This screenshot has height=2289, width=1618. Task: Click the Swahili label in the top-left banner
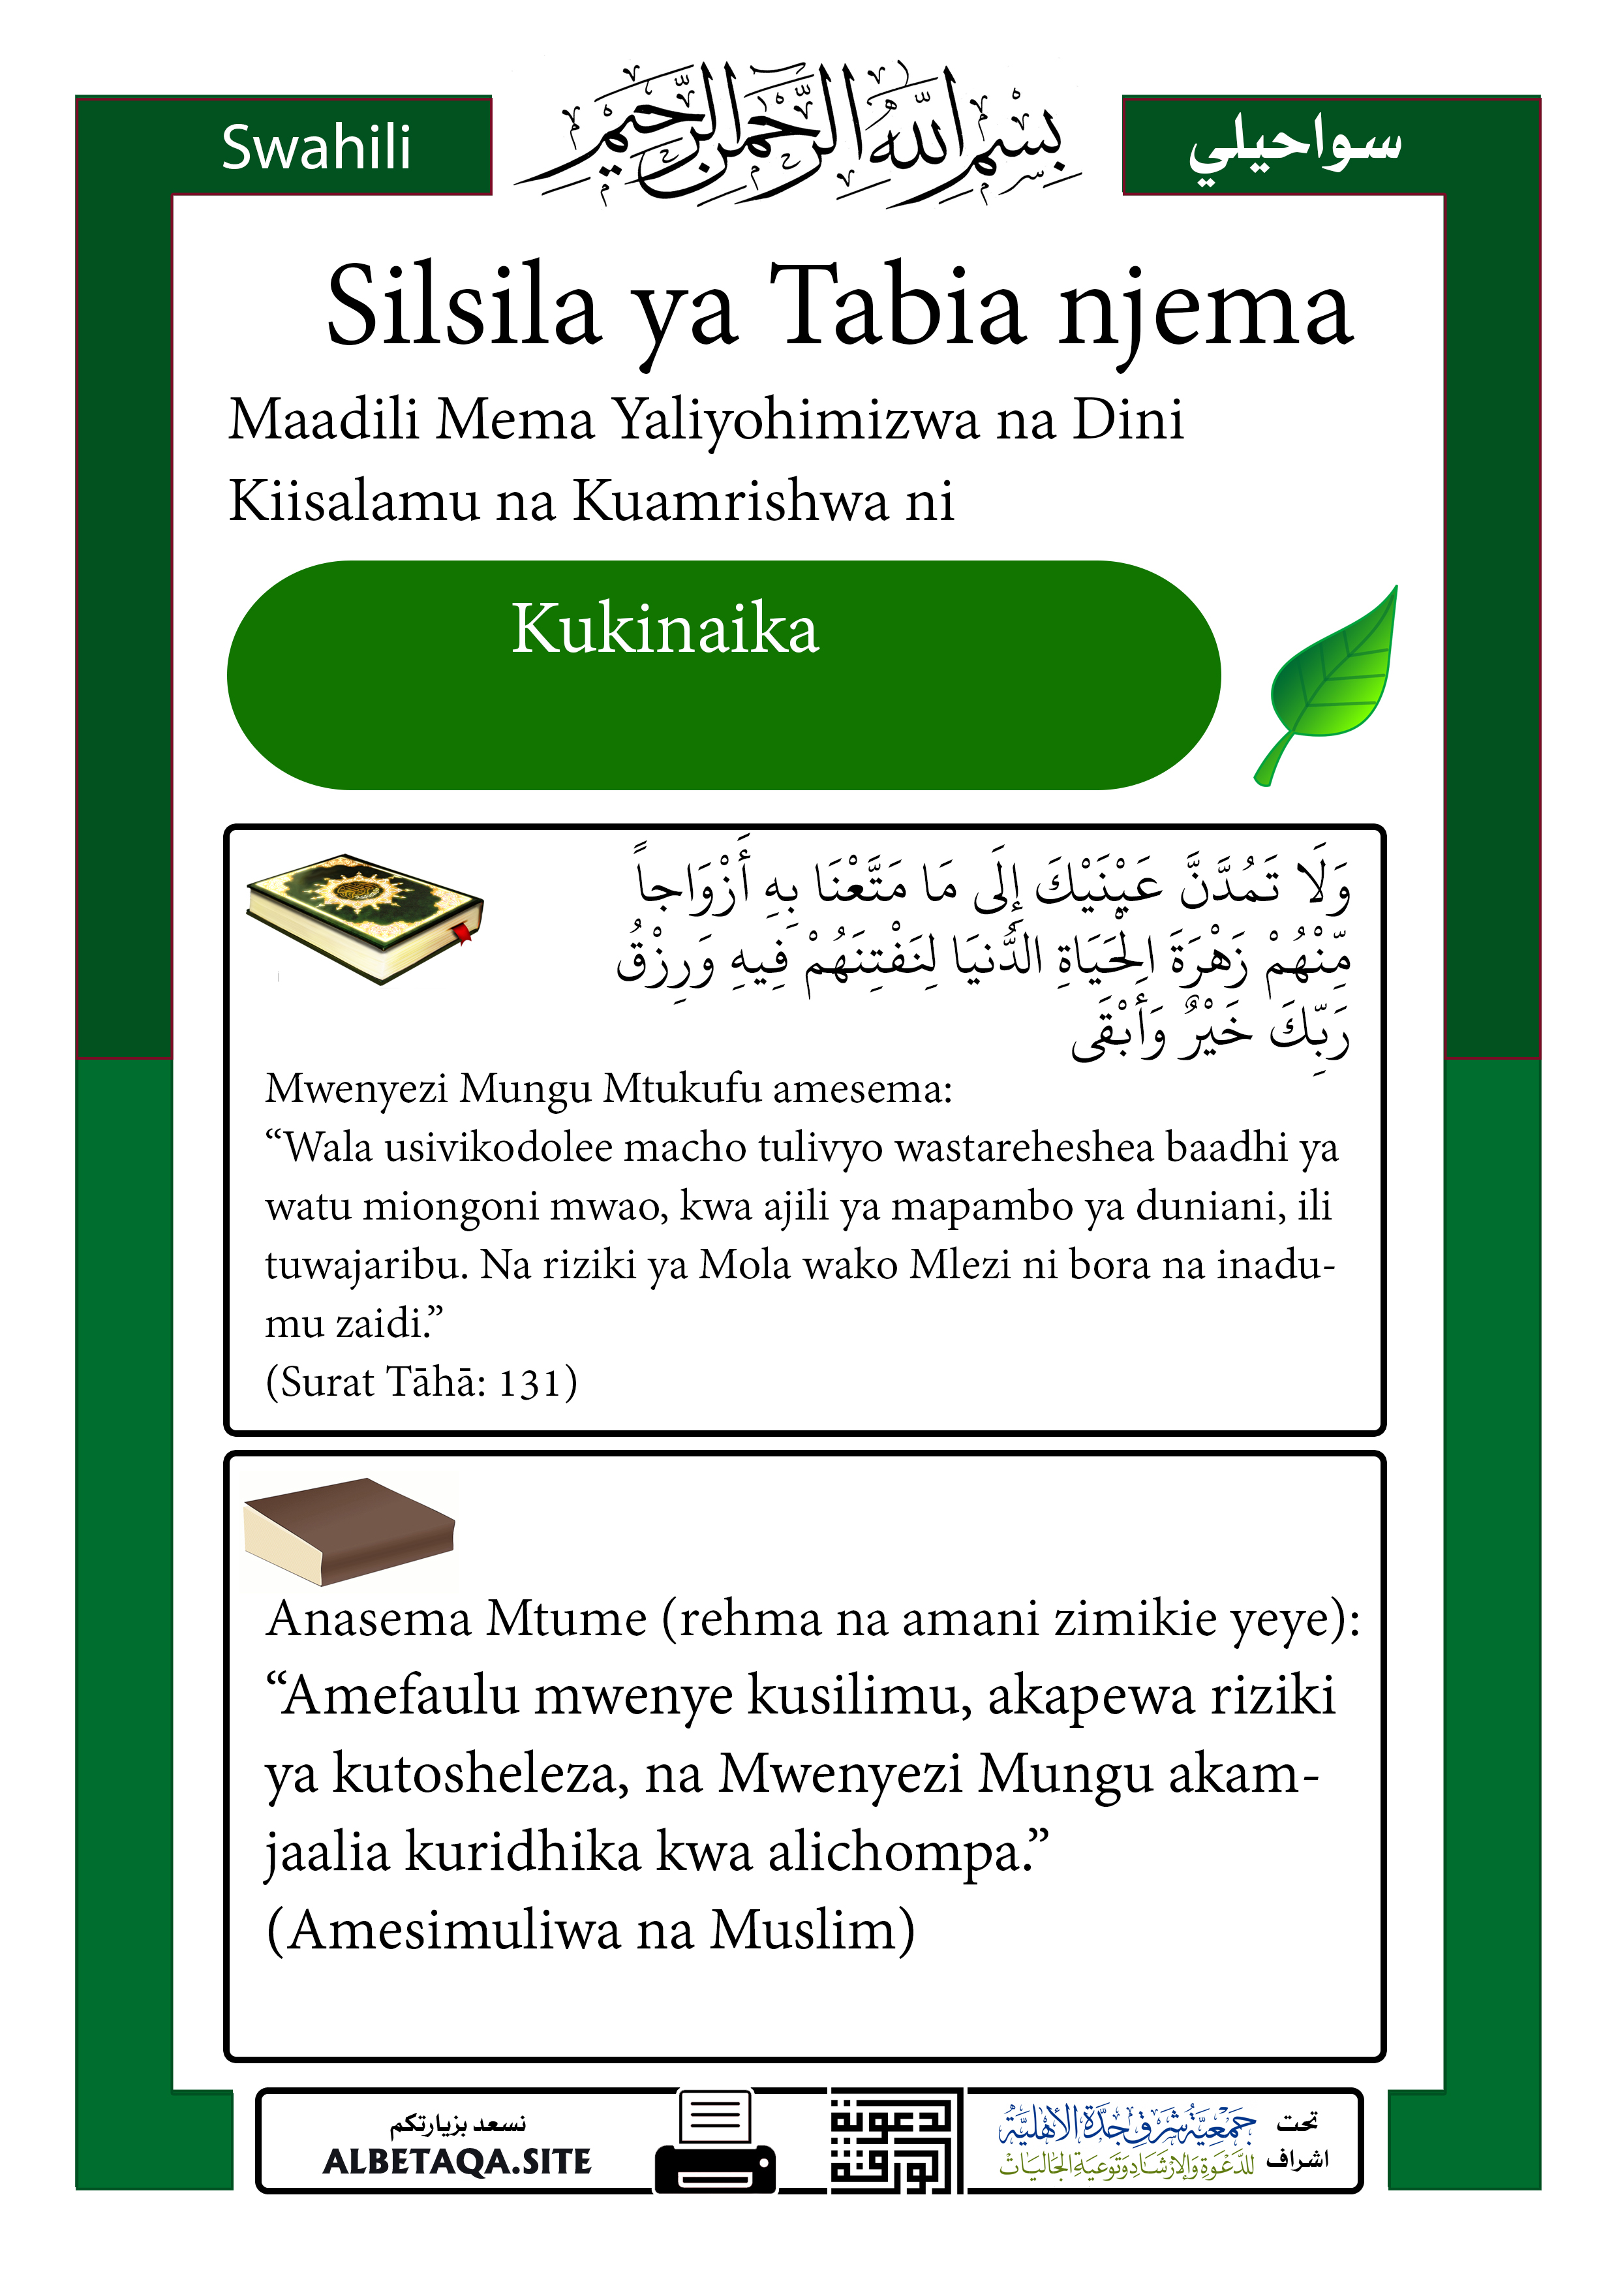[x=316, y=147]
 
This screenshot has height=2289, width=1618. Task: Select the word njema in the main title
[x=1206, y=309]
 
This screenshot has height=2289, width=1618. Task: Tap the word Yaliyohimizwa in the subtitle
[x=795, y=419]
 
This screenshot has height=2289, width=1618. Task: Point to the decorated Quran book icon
[x=364, y=915]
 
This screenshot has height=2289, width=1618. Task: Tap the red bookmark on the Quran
[x=464, y=934]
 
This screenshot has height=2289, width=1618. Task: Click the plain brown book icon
[x=349, y=1530]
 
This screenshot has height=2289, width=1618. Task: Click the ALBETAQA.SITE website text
[x=457, y=2161]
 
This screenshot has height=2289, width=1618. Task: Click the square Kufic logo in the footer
[x=894, y=2140]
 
